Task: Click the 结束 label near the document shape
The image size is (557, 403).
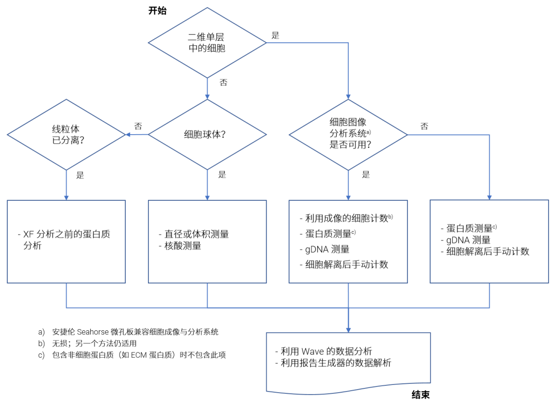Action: (x=420, y=395)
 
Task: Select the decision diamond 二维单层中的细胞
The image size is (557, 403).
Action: (x=207, y=43)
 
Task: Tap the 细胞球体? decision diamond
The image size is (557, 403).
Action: (x=207, y=134)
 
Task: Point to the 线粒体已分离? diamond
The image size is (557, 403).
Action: (x=67, y=134)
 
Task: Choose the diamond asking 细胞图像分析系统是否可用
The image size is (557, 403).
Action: (x=348, y=134)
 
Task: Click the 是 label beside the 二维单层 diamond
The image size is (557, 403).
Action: (x=275, y=36)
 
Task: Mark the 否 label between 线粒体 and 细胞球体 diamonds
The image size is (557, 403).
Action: (x=138, y=126)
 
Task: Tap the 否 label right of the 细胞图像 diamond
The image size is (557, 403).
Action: (x=424, y=126)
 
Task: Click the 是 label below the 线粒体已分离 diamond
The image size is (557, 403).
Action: (x=80, y=174)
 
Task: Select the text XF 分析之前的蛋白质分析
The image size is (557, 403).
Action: (x=67, y=240)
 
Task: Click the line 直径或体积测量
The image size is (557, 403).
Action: (x=193, y=234)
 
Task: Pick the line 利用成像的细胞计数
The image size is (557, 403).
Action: (x=346, y=218)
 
